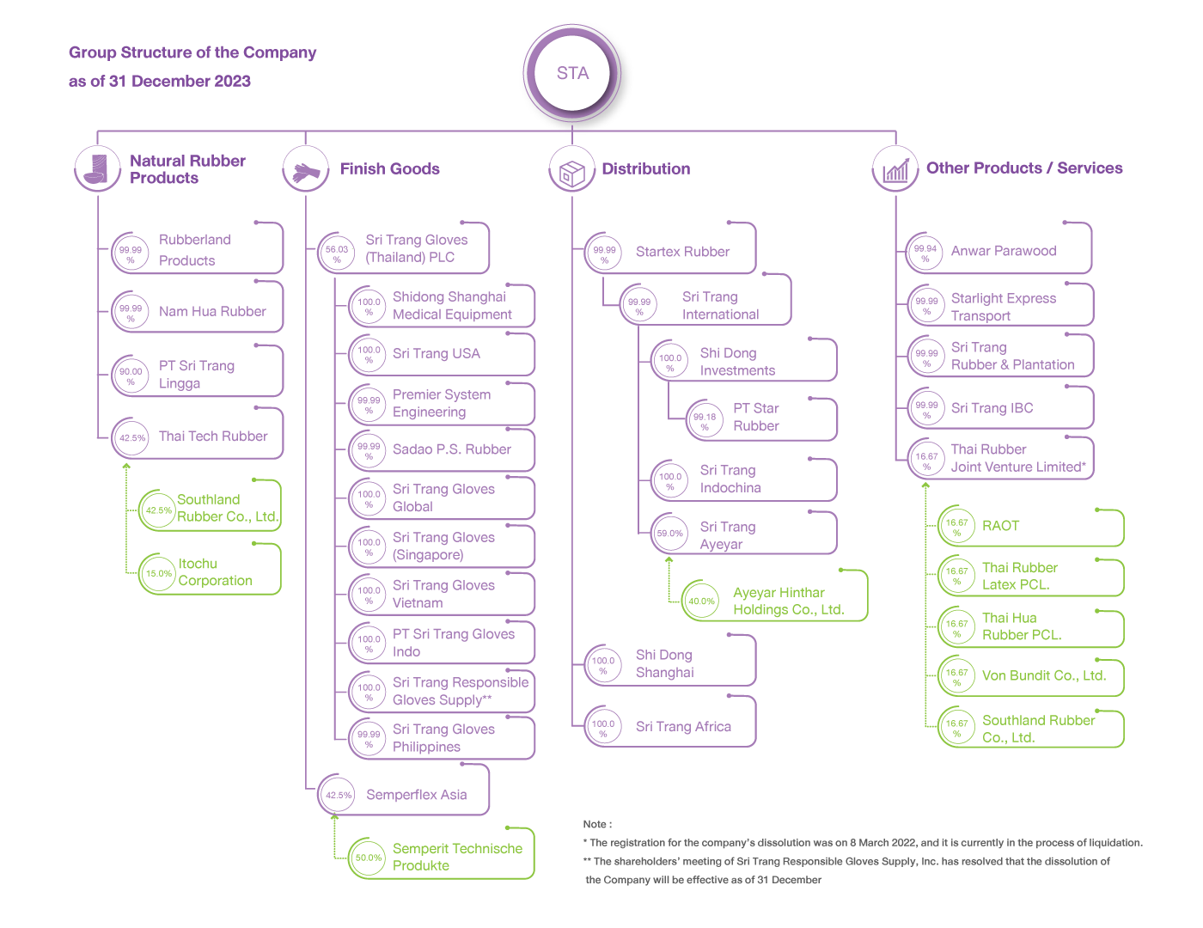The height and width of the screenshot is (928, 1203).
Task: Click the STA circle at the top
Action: pos(572,72)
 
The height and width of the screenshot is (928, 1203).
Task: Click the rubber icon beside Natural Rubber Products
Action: pos(97,168)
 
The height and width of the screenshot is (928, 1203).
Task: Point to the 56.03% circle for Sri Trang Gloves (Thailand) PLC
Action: pos(337,253)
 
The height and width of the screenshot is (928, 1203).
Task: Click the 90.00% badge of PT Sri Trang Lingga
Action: pos(131,375)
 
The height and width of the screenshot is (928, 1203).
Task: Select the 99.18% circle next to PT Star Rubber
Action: pos(705,420)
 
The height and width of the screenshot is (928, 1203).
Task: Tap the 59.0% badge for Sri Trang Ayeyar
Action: pos(669,534)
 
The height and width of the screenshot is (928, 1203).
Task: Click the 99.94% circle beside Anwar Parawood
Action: pos(925,253)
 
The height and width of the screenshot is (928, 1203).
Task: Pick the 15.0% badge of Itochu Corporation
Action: pos(158,573)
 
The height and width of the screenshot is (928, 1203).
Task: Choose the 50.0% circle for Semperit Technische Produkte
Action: pos(368,858)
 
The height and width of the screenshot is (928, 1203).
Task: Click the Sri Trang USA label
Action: pos(437,354)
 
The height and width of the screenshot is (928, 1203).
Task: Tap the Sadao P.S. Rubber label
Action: pos(452,449)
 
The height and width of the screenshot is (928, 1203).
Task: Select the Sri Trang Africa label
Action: pos(683,727)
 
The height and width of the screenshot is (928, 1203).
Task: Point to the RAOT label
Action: pos(1000,526)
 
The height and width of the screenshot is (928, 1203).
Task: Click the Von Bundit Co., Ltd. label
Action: pos(1043,675)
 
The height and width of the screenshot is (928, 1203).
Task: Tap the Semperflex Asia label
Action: pos(416,795)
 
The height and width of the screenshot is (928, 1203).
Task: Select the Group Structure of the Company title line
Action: pos(192,52)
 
